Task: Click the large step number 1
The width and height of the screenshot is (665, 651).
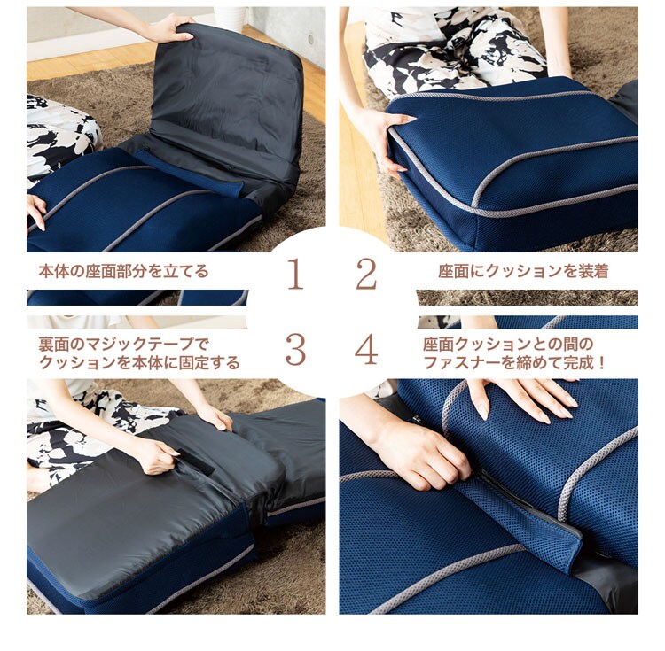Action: coord(295,274)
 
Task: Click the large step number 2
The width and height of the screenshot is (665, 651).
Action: coord(366,274)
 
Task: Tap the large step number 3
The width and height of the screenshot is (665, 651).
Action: coord(295,350)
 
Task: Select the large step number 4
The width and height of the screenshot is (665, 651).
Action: coord(366,350)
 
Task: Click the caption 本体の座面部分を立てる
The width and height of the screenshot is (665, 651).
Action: coord(123,271)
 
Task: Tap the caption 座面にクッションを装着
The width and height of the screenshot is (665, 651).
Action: coord(523,271)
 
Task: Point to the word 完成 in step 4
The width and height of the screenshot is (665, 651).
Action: coord(579,363)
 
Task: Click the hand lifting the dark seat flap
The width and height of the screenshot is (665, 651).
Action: coord(172,28)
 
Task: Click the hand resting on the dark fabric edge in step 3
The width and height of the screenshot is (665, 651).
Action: coord(216,416)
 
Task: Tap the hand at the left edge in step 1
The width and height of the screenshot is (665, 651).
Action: coord(35,211)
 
